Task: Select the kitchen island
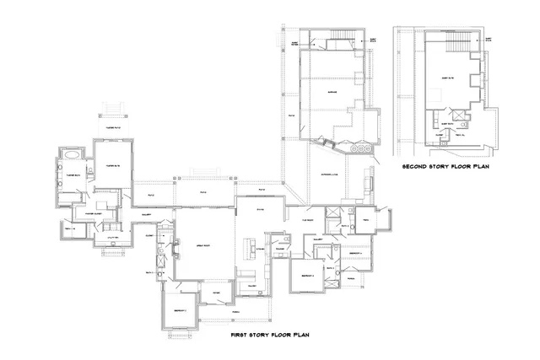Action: point(251,246)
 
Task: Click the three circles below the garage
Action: point(360,148)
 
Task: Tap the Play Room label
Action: point(308,220)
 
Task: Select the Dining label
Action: point(261,210)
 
